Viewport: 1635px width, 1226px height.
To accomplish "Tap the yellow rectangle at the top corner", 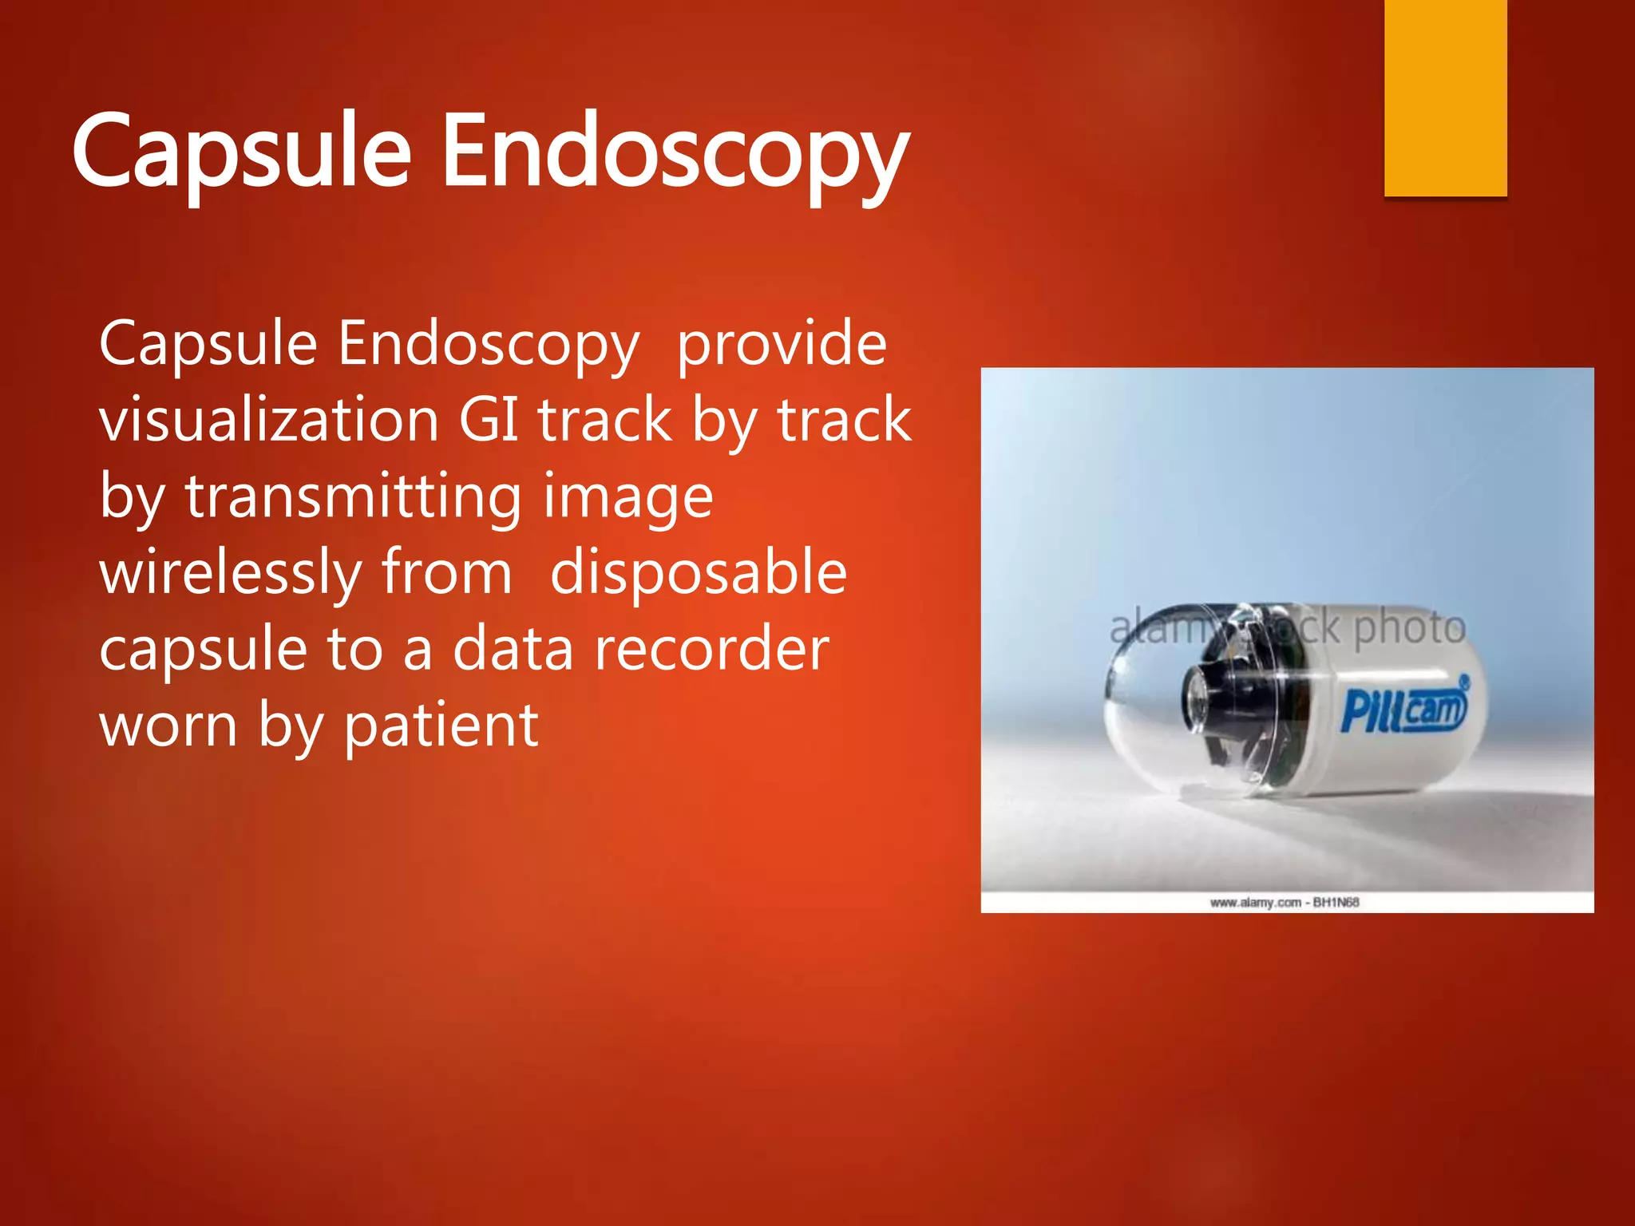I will (x=1445, y=96).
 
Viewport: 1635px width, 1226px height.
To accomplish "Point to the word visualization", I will (x=269, y=420).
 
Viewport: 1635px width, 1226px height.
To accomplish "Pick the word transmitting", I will (x=354, y=496).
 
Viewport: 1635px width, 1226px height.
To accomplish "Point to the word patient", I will (x=441, y=726).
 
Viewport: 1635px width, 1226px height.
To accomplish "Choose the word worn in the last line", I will (x=168, y=726).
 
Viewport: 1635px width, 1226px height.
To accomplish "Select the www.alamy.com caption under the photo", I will (x=1284, y=903).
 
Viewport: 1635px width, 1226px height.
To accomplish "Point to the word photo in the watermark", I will (x=1410, y=627).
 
